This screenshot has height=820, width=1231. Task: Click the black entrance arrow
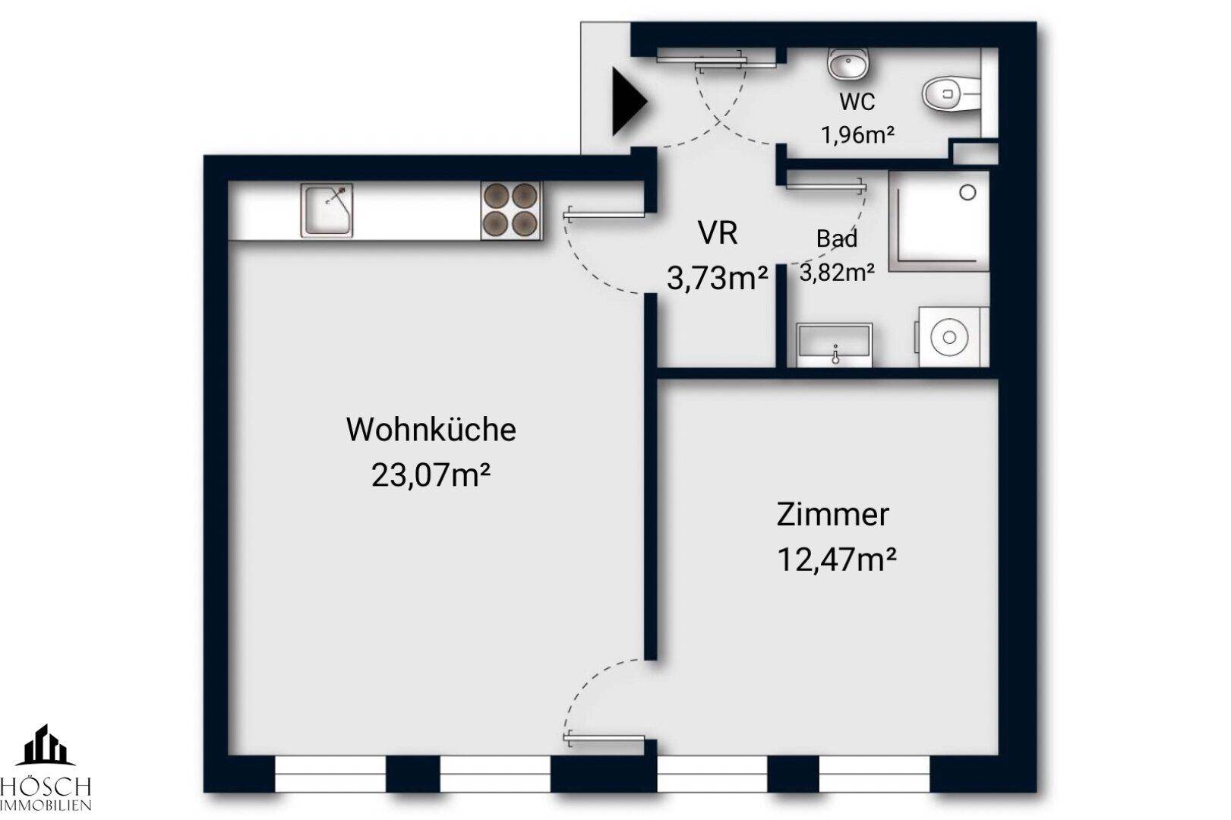point(627,102)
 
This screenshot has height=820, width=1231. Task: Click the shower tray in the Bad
point(939,221)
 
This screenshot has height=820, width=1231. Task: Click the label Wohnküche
point(431,430)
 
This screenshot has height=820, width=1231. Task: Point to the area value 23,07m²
point(431,476)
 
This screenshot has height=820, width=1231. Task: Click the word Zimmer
point(832,515)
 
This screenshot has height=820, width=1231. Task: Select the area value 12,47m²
point(836,560)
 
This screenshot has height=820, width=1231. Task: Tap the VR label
point(718,233)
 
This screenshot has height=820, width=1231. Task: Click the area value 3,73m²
point(717,279)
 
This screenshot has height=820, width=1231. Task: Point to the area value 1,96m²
point(857,135)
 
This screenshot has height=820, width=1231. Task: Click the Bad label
point(837,238)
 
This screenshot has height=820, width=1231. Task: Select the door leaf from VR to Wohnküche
point(604,216)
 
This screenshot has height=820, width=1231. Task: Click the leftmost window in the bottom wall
point(330,774)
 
